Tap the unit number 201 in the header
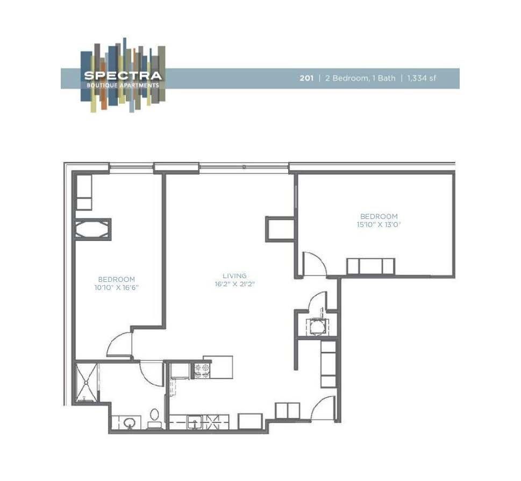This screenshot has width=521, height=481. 307,78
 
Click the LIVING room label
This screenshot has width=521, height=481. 234,276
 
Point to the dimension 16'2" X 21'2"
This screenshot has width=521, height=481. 234,284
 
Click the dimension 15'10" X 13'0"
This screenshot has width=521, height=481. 375,224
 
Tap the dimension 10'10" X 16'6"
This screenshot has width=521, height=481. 117,288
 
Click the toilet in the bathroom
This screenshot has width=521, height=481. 155,418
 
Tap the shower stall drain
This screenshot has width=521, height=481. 84,398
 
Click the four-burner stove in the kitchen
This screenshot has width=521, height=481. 202,370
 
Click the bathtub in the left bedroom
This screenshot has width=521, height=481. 92,229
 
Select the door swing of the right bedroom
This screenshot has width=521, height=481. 315,264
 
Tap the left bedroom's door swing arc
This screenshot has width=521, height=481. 120,345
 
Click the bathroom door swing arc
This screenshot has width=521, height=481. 151,373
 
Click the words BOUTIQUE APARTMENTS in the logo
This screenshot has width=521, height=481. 122,85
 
